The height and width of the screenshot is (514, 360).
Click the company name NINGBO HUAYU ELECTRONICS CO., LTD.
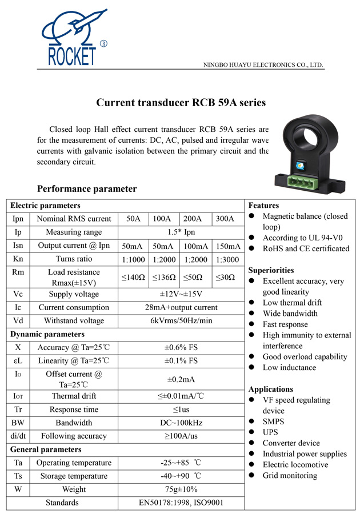[264, 65]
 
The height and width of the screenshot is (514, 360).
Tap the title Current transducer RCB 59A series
[181, 103]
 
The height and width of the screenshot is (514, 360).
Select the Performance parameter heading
[87, 189]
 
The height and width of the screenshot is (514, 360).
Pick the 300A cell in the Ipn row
[228, 219]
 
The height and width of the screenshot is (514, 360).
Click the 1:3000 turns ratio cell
[228, 259]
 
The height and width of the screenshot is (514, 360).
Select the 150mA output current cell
[228, 246]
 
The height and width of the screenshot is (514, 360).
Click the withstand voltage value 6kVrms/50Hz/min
[181, 321]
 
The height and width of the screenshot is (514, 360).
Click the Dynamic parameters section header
[47, 334]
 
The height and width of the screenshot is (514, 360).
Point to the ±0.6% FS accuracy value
[181, 347]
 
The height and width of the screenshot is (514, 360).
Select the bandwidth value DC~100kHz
[181, 423]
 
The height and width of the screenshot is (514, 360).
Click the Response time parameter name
[74, 409]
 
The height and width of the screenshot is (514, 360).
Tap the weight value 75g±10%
[181, 489]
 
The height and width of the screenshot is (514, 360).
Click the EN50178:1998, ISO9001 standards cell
[181, 503]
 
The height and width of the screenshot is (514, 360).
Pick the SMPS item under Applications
[273, 421]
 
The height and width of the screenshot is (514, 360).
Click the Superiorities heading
[271, 270]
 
